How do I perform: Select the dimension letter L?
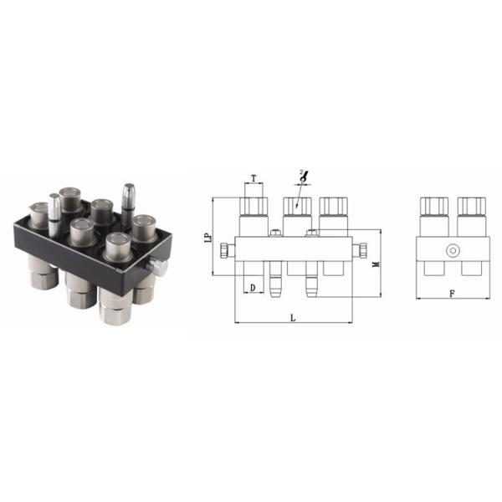[x=292, y=317]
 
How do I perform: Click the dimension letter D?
[x=251, y=288]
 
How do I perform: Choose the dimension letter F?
[x=452, y=294]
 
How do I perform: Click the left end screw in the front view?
[x=224, y=250]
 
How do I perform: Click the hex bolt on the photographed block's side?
[x=156, y=268]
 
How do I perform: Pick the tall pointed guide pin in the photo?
[x=129, y=199]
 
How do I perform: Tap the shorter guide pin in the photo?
[x=54, y=213]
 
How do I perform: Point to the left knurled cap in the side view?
[x=433, y=205]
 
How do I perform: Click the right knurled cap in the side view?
[x=470, y=205]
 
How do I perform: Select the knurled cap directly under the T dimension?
[x=253, y=205]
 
